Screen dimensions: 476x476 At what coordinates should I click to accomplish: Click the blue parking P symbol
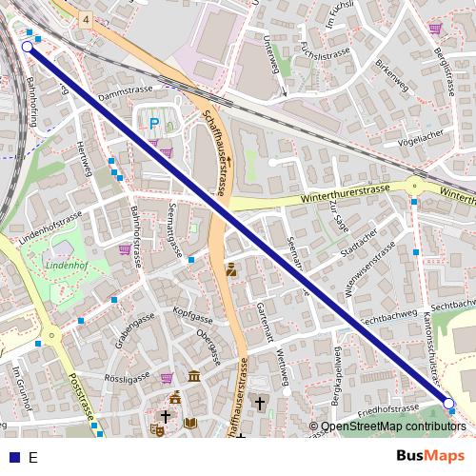153,122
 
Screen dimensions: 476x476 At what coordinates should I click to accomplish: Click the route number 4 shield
86,19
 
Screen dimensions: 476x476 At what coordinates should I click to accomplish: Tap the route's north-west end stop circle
27,46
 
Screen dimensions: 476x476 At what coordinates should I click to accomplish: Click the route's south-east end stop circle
449,404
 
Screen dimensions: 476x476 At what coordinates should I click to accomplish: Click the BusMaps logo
430,456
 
